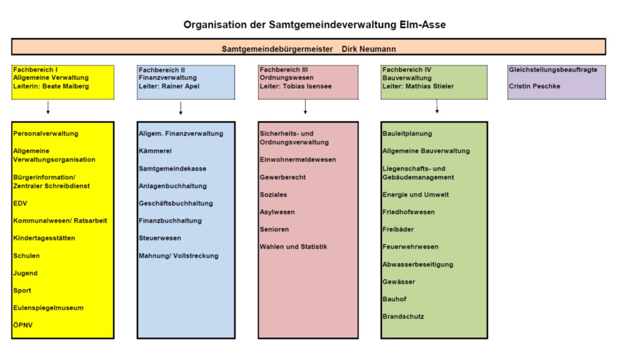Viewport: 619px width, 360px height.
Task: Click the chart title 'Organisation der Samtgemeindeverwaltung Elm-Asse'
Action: pyautogui.click(x=315, y=25)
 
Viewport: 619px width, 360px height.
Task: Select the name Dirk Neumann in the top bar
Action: pyautogui.click(x=369, y=49)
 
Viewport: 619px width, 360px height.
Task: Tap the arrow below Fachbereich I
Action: pyautogui.click(x=48, y=107)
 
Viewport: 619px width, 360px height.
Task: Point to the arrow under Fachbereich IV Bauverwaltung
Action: pyautogui.click(x=437, y=106)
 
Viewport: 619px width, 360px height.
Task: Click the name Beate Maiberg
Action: pyautogui.click(x=66, y=86)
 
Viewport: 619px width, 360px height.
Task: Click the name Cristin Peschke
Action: pyautogui.click(x=534, y=86)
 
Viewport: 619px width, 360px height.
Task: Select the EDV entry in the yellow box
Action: pyautogui.click(x=20, y=204)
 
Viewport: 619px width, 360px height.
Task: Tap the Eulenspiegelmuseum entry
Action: pyautogui.click(x=48, y=308)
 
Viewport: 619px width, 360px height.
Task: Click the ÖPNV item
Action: pyautogui.click(x=23, y=325)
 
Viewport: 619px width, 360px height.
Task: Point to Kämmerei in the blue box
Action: pyautogui.click(x=155, y=151)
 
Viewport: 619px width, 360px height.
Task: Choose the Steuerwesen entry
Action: pyautogui.click(x=160, y=239)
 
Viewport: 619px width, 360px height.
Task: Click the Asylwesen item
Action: pyautogui.click(x=277, y=212)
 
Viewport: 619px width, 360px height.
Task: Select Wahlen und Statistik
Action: pyautogui.click(x=293, y=247)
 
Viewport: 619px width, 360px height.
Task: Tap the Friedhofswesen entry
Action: pyautogui.click(x=409, y=212)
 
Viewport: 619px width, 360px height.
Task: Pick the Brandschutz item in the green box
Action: pyautogui.click(x=403, y=317)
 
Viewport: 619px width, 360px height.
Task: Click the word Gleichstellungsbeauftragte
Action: pyautogui.click(x=553, y=70)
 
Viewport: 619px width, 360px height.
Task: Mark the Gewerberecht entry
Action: pyautogui.click(x=283, y=178)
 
